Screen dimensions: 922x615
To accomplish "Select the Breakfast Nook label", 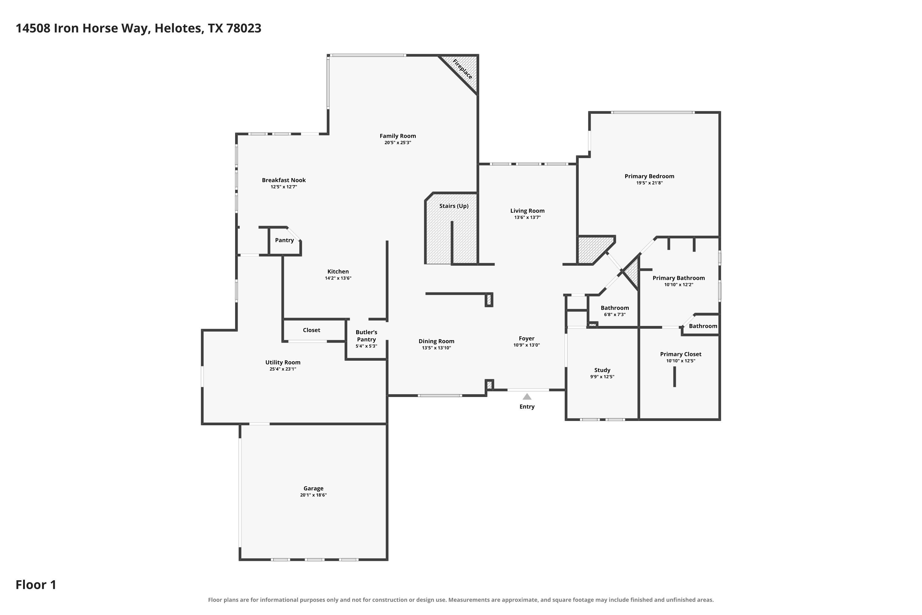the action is tap(284, 180).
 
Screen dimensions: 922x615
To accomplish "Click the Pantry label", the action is tap(284, 240).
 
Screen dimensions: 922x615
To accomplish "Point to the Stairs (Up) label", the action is tap(454, 206).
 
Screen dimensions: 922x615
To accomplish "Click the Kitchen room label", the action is tap(338, 272).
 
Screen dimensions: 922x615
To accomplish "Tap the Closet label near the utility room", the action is tap(311, 330).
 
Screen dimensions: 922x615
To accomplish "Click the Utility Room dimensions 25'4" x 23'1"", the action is tap(283, 369).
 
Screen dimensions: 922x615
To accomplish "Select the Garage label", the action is tap(313, 488).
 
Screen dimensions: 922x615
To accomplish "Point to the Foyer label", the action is tap(526, 339).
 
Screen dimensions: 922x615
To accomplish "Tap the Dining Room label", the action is tap(436, 341).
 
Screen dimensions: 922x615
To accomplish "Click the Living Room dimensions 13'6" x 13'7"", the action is tap(527, 217).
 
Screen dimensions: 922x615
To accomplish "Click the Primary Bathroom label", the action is tap(679, 278).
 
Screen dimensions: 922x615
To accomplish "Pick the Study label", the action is tap(602, 370).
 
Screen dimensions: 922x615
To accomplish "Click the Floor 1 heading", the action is tap(36, 585).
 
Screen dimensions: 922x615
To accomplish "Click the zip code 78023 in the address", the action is tap(244, 28).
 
